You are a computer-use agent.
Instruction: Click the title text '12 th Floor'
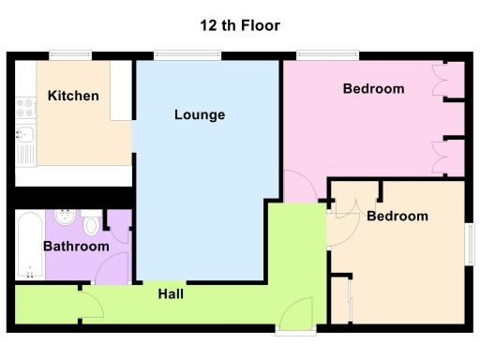tap(240, 25)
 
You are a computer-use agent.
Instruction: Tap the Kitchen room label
tap(73, 97)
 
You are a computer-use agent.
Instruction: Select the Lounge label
tap(200, 115)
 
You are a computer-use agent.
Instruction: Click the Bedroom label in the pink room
tap(373, 89)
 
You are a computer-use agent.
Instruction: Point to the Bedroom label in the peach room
tap(397, 217)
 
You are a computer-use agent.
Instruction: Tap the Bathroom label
tap(76, 247)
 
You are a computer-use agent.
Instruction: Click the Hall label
tap(170, 294)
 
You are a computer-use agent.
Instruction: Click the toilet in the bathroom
tap(91, 225)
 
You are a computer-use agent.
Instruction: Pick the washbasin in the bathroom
tap(63, 219)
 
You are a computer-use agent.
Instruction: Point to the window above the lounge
tap(181, 55)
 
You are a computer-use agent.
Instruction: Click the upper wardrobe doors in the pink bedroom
tap(447, 82)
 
